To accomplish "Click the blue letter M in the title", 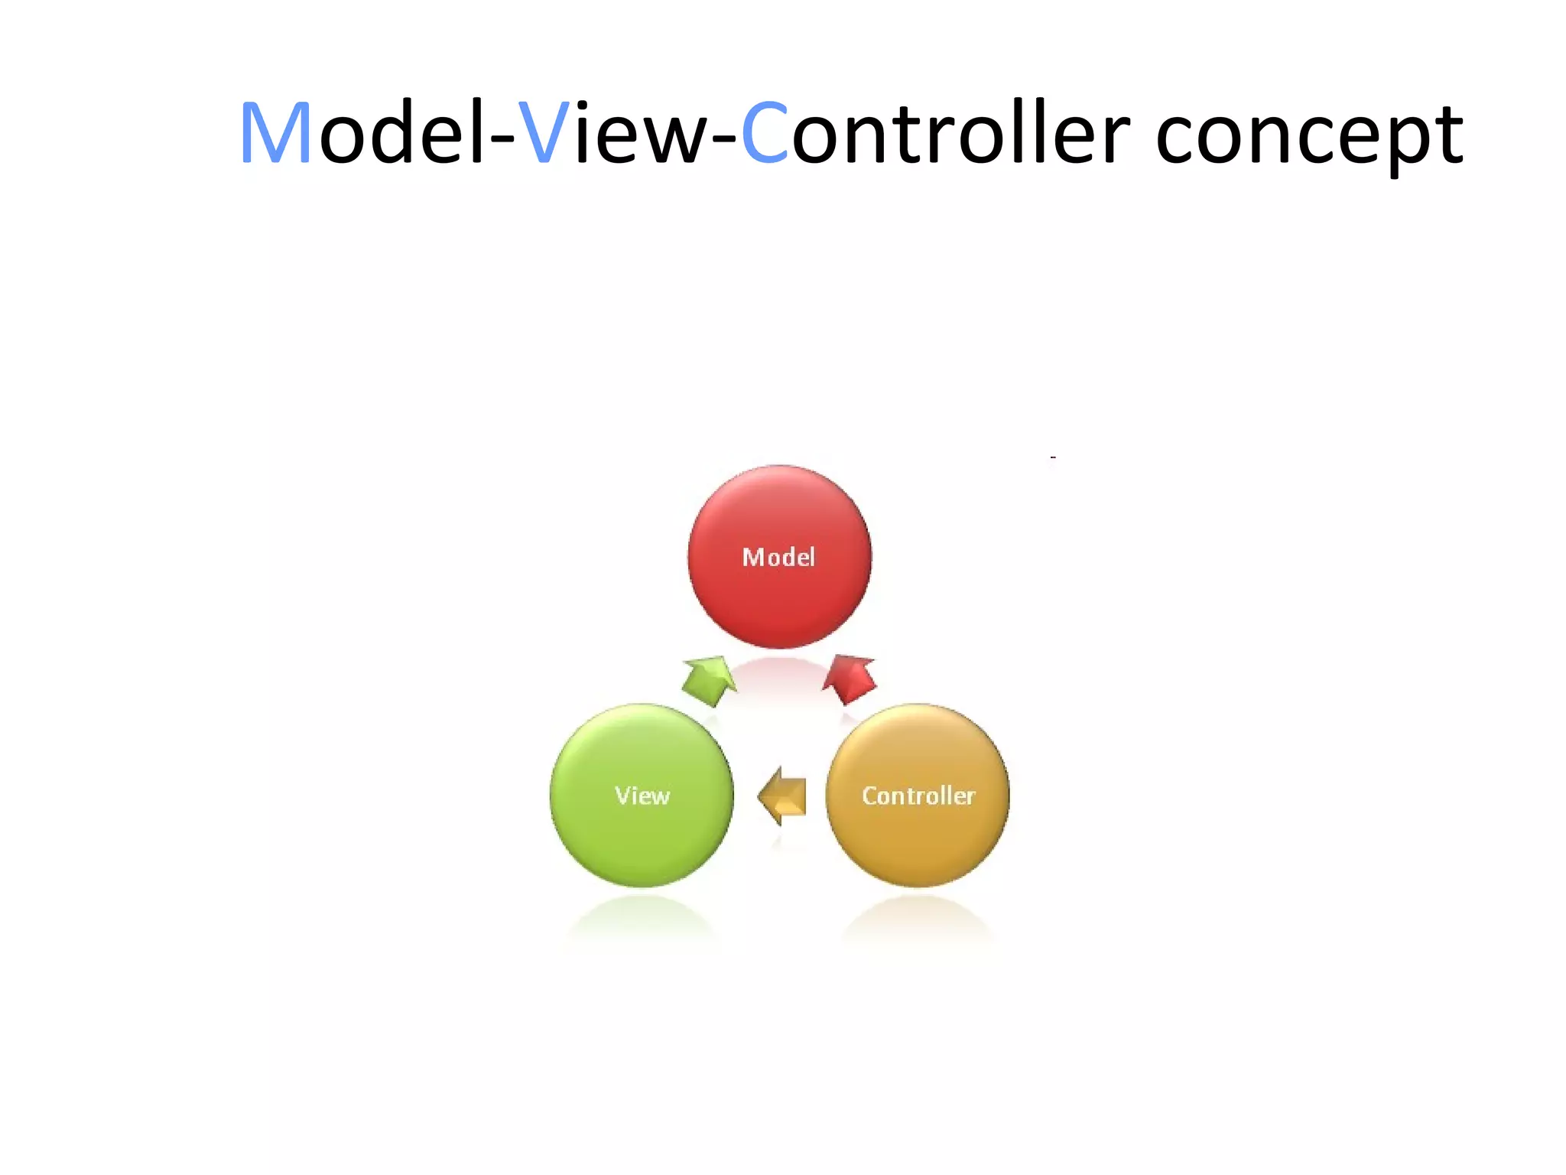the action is (275, 134).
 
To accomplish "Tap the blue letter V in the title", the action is (543, 134).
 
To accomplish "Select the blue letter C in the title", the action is (765, 134).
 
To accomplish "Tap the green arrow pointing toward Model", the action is (709, 680).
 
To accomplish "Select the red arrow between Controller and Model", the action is (850, 679).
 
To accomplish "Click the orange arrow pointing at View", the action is (783, 796).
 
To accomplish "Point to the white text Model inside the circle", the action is (778, 558).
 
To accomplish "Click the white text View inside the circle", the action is (642, 796).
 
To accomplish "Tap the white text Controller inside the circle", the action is (918, 796).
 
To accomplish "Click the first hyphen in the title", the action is (502, 142).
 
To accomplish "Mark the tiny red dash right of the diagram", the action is (1053, 457).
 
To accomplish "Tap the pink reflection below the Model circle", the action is (779, 677).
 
